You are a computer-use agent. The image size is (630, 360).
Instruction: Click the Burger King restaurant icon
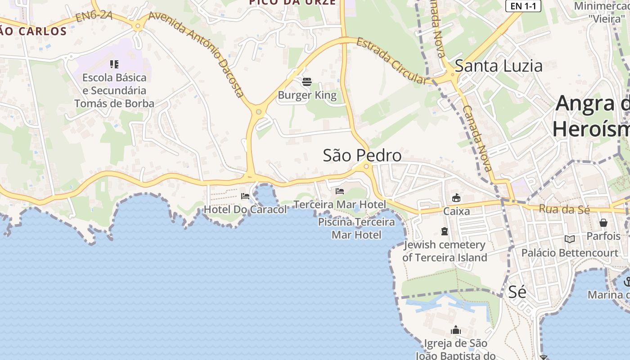pyautogui.click(x=307, y=82)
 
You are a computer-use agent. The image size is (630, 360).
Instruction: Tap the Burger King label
pyautogui.click(x=307, y=95)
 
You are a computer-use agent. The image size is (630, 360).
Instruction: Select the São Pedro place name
pyautogui.click(x=362, y=156)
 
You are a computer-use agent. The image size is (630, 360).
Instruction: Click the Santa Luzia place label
pyautogui.click(x=499, y=66)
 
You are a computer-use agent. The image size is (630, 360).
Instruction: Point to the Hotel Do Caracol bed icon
pyautogui.click(x=245, y=196)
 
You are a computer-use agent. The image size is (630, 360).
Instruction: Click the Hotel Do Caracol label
pyautogui.click(x=245, y=210)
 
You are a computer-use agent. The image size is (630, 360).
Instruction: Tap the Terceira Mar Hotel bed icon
pyautogui.click(x=340, y=191)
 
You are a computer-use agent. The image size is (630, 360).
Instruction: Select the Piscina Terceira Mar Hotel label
pyautogui.click(x=356, y=228)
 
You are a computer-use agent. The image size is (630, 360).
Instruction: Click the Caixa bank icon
pyautogui.click(x=456, y=198)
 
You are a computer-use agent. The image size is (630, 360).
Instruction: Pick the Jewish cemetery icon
pyautogui.click(x=445, y=232)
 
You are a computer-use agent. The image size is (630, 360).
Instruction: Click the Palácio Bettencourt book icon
pyautogui.click(x=570, y=239)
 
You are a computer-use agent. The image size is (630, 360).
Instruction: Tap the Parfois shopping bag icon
pyautogui.click(x=603, y=223)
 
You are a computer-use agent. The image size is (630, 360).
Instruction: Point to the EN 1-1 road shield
pyautogui.click(x=523, y=6)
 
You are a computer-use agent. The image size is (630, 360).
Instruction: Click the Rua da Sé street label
pyautogui.click(x=558, y=209)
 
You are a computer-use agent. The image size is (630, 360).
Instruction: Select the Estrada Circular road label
pyautogui.click(x=391, y=61)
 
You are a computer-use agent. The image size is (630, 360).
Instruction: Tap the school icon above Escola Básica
pyautogui.click(x=114, y=64)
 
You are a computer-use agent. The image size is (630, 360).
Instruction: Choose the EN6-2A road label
pyautogui.click(x=94, y=17)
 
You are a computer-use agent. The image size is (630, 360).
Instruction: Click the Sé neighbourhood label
pyautogui.click(x=517, y=292)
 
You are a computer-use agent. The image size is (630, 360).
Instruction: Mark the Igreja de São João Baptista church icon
pyautogui.click(x=456, y=330)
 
